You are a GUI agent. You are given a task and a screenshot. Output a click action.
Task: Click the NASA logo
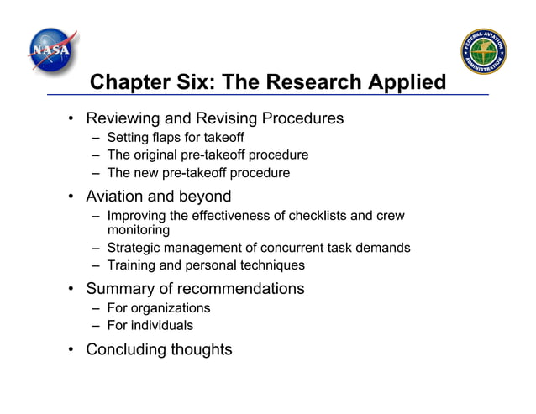click(x=51, y=50)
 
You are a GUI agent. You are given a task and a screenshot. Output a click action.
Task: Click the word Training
click(x=133, y=265)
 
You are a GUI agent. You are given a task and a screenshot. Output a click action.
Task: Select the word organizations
click(x=169, y=308)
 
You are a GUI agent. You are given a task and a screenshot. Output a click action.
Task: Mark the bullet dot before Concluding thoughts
click(x=72, y=349)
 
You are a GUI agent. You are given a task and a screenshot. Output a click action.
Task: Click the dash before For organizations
click(x=96, y=308)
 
